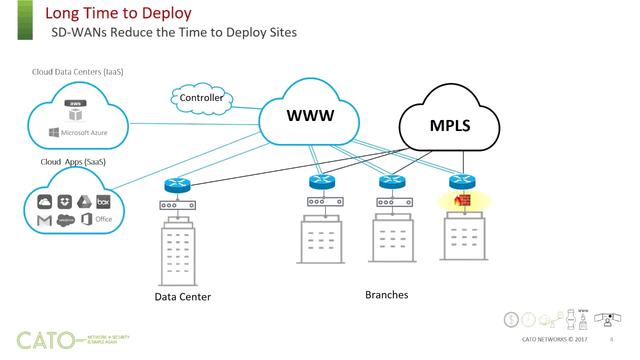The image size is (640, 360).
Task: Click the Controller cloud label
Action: [x=201, y=98]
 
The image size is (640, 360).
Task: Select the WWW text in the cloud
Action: [x=310, y=115]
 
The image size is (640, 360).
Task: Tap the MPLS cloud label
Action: [x=450, y=125]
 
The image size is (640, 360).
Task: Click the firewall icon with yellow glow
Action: [x=462, y=201]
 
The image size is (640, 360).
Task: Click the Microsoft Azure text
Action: [x=84, y=132]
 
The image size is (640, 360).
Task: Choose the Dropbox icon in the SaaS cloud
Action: [x=64, y=201]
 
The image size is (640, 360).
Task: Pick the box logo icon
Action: [x=103, y=202]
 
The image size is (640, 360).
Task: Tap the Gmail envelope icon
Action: [x=44, y=220]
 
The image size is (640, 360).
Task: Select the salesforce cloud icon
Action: [x=66, y=220]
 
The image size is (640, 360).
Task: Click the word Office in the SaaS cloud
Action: [x=103, y=219]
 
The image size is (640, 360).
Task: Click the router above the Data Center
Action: [x=177, y=186]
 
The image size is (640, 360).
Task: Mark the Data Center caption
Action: [x=182, y=297]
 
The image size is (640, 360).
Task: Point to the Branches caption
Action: [x=386, y=295]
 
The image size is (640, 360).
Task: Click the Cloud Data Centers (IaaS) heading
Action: [x=77, y=72]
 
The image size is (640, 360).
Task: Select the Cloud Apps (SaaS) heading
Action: [x=73, y=162]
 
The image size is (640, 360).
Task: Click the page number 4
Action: [x=611, y=340]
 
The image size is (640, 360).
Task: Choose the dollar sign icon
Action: [x=511, y=319]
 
